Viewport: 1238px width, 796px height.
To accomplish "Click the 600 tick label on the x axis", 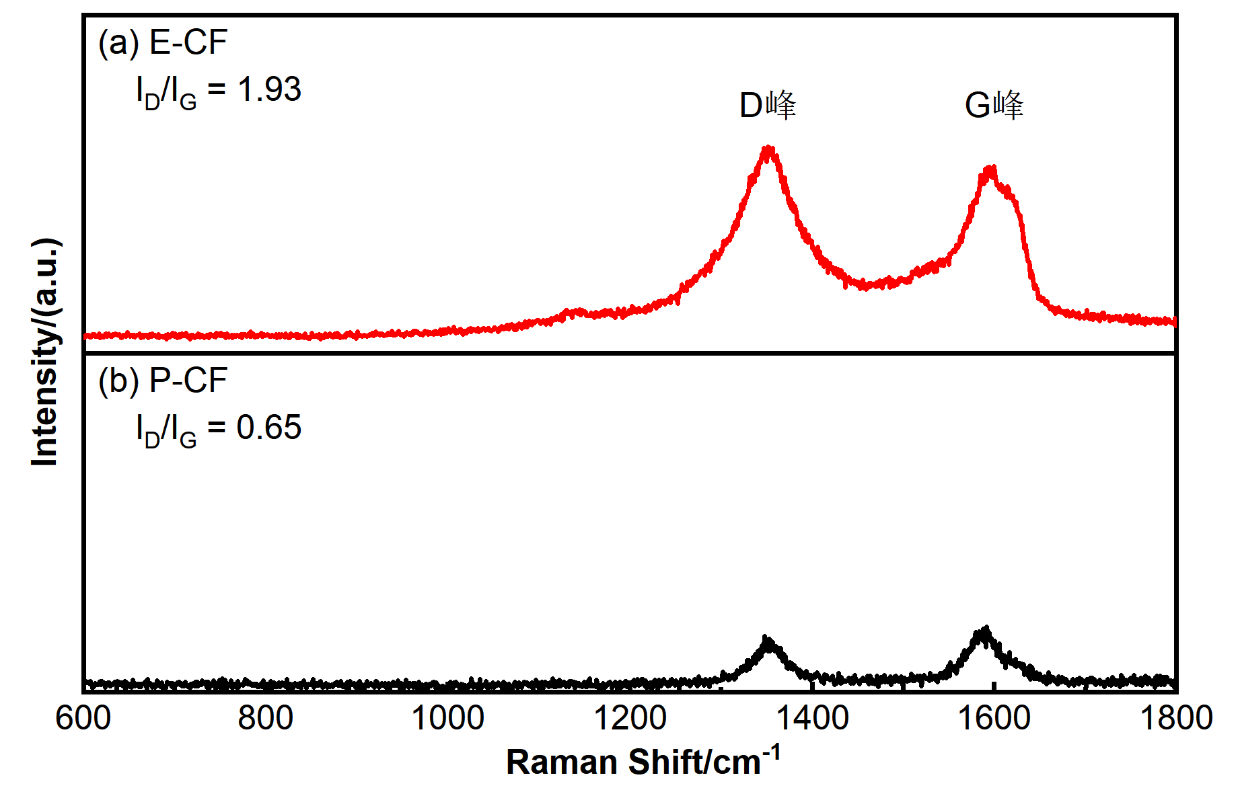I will click(x=83, y=718).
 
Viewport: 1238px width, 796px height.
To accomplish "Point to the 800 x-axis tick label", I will click(x=265, y=718).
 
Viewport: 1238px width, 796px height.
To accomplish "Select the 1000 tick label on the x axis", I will click(x=447, y=718).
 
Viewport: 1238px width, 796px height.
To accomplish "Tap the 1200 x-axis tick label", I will click(x=630, y=718).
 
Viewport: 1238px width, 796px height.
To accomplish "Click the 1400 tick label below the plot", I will click(x=812, y=718).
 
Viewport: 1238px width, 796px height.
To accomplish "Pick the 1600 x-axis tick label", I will click(x=994, y=718).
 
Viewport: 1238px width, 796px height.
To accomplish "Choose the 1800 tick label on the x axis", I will click(x=1175, y=718).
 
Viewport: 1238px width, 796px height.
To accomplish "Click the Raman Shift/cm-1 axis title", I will click(x=643, y=761).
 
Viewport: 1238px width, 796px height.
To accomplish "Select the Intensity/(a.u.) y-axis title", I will click(x=46, y=352).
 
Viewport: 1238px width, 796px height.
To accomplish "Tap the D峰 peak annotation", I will click(x=768, y=106).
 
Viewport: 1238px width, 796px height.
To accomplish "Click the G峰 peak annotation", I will click(x=994, y=106).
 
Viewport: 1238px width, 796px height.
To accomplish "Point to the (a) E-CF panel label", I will click(x=163, y=42).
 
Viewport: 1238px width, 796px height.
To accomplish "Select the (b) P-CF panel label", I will click(x=163, y=381).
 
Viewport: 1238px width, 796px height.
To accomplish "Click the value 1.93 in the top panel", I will click(x=269, y=89).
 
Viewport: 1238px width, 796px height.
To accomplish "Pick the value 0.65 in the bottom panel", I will click(x=268, y=428).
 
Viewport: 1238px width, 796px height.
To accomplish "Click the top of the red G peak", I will click(x=990, y=169).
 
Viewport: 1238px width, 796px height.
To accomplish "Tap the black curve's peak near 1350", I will click(x=766, y=639).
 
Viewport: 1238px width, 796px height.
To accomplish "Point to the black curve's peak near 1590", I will click(x=984, y=631).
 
